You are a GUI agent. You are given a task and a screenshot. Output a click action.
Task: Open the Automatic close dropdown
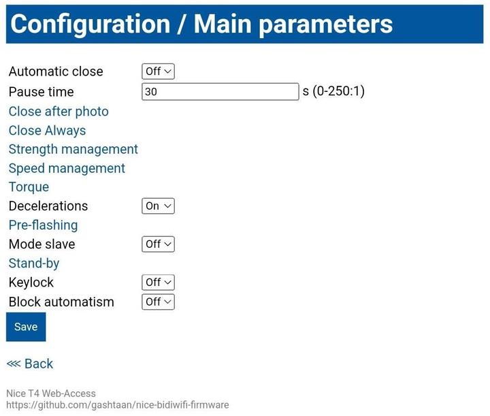click(158, 71)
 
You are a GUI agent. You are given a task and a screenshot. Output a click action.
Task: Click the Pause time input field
click(220, 92)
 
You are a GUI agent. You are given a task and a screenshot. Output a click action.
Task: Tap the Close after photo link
click(59, 112)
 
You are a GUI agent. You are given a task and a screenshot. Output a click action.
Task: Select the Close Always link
click(47, 131)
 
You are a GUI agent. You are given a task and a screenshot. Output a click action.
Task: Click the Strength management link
click(73, 149)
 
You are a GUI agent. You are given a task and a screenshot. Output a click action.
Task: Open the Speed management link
click(67, 168)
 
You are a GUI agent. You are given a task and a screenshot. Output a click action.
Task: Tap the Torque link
click(29, 187)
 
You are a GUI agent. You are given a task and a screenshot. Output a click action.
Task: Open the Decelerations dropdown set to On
click(158, 206)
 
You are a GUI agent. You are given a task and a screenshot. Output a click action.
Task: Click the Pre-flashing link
click(43, 225)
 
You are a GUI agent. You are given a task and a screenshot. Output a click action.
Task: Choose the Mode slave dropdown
click(158, 244)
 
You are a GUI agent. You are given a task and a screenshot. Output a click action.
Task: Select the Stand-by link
click(34, 263)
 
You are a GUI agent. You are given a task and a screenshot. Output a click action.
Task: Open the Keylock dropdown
click(158, 283)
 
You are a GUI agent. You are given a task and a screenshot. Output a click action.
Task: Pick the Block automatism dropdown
click(158, 302)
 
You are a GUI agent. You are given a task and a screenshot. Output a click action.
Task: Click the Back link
click(30, 364)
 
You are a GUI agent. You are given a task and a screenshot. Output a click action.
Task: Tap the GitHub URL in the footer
click(118, 405)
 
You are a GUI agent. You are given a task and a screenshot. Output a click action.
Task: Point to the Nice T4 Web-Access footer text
click(51, 393)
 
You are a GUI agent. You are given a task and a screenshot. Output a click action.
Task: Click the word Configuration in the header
click(91, 25)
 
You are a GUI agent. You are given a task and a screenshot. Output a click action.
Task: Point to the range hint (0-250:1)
click(338, 91)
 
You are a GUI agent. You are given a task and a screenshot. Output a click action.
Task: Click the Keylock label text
click(31, 283)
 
